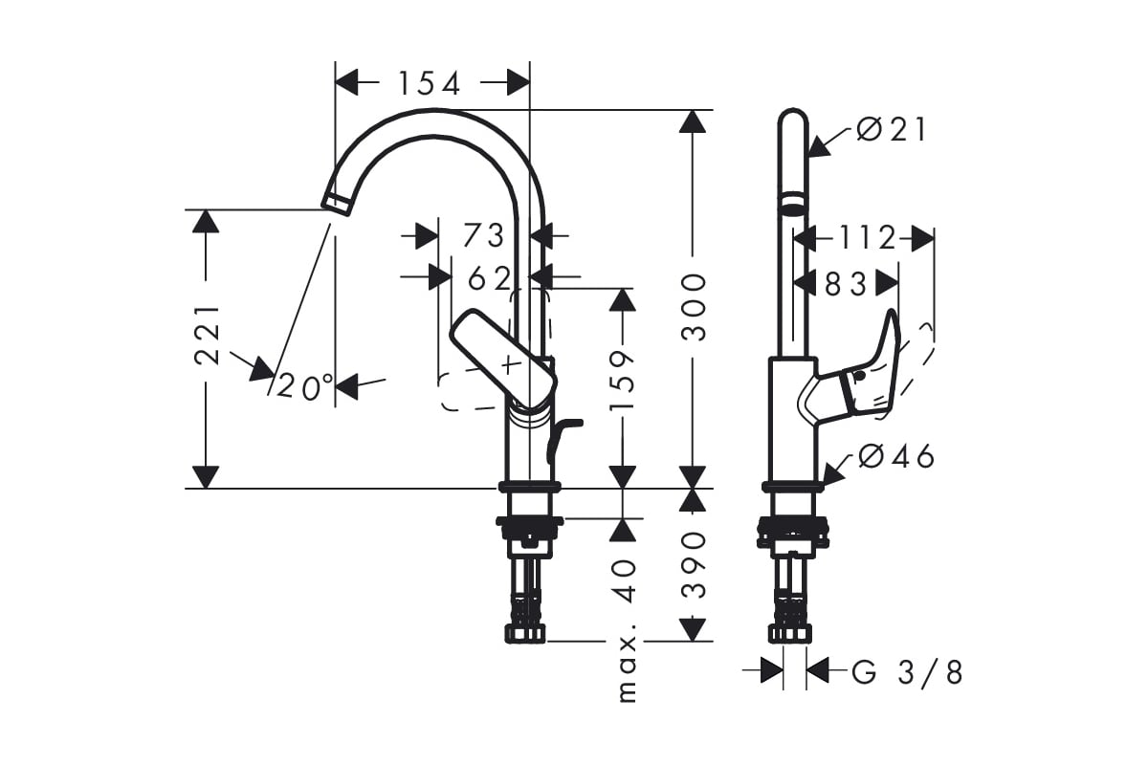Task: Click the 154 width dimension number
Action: (x=430, y=83)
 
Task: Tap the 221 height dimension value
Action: (x=208, y=336)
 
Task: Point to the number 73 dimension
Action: (x=483, y=236)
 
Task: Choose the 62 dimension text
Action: (x=490, y=279)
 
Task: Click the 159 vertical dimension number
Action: (x=622, y=381)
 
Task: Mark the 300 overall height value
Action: (x=694, y=308)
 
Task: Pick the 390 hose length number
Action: (x=694, y=564)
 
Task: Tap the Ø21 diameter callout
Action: (x=892, y=130)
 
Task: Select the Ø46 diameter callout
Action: (x=895, y=456)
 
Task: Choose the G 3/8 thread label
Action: (x=907, y=672)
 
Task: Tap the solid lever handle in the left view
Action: (x=503, y=359)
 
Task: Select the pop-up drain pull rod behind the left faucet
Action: (x=563, y=440)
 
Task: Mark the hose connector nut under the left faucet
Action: (x=525, y=634)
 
